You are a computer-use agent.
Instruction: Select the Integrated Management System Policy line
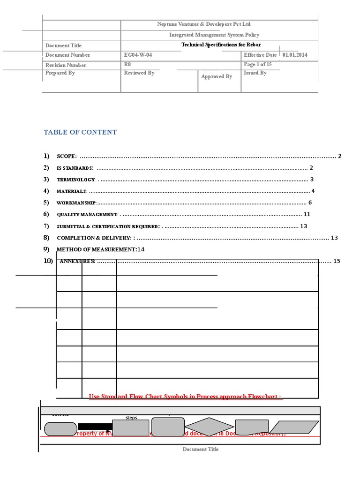pos(214,35)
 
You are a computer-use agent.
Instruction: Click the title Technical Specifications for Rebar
pos(221,45)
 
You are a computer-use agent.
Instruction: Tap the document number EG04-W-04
pos(138,55)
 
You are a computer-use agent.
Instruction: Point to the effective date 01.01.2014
pos(295,55)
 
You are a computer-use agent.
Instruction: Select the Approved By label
pos(217,76)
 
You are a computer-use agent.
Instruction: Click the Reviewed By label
pos(139,73)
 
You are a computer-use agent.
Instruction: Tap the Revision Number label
pos(66,65)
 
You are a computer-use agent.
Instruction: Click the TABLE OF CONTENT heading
pos(80,132)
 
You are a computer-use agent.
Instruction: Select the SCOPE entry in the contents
pos(67,156)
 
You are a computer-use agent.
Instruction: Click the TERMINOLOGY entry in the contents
pos(76,180)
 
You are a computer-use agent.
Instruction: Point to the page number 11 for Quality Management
pos(307,214)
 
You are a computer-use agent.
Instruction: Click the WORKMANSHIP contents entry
pos(76,203)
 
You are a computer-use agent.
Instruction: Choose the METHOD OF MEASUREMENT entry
pos(96,249)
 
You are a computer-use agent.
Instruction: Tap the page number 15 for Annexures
pos(337,261)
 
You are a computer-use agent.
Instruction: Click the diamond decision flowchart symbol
pos(209,427)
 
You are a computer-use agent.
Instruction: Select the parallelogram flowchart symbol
pos(287,427)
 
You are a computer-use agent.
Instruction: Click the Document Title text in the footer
pos(200,449)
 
